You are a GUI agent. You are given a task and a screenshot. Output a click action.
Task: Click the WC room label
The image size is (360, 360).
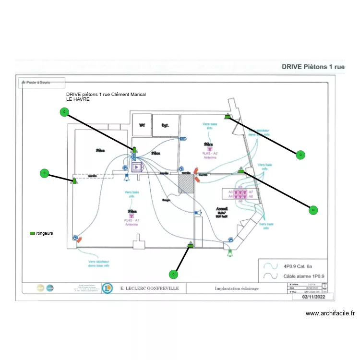click(142, 125)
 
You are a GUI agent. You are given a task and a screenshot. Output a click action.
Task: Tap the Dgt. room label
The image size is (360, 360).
click(165, 125)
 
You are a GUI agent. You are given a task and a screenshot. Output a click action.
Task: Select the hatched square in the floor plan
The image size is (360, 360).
click(186, 183)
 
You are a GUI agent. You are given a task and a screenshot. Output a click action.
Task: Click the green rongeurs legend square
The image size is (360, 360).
click(32, 233)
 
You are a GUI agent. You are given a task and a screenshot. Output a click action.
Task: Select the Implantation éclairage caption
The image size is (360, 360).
click(237, 288)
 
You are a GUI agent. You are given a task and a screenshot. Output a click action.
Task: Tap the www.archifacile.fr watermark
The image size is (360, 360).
click(330, 314)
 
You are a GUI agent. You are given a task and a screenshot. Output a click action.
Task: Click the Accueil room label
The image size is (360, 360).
click(222, 209)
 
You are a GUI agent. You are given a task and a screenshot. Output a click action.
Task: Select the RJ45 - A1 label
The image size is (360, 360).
click(132, 220)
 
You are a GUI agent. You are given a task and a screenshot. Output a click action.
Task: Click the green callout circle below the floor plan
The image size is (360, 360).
click(174, 274)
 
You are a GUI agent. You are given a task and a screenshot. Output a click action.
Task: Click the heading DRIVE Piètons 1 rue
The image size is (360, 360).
click(312, 67)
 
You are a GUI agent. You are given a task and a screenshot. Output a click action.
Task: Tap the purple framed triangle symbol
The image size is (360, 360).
click(138, 167)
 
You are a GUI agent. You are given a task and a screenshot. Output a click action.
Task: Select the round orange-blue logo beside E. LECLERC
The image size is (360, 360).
click(108, 288)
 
